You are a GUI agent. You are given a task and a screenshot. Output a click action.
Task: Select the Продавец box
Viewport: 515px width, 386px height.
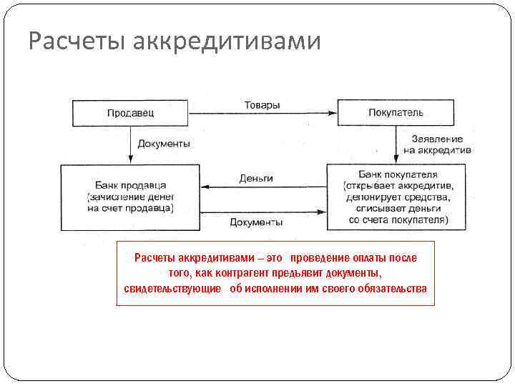coord(131,113)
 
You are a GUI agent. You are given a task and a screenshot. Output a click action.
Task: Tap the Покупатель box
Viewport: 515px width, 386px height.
coord(396,113)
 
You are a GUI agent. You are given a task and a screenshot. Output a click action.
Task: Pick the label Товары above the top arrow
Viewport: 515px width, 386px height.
coord(262,105)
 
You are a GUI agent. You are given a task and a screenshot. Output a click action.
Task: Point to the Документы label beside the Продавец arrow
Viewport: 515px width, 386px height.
coord(164,144)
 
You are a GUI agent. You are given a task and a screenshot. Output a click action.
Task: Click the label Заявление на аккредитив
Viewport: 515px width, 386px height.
coord(437,144)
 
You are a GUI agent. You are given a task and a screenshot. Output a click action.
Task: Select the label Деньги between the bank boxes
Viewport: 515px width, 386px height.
coord(256,178)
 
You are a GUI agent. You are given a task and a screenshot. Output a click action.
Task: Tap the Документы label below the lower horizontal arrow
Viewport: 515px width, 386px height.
coord(256,222)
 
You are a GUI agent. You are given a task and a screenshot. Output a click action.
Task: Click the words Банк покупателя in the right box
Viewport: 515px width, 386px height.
coord(398,174)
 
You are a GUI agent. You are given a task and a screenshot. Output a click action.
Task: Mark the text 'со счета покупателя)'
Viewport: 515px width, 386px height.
coord(398,219)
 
